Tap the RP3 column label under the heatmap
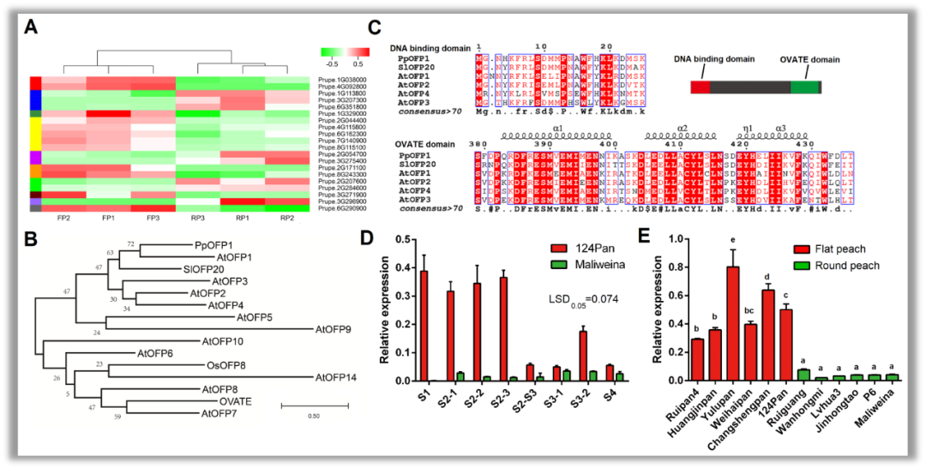[197, 218]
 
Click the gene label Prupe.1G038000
[342, 79]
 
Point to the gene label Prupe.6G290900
[342, 208]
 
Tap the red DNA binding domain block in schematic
[700, 87]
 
